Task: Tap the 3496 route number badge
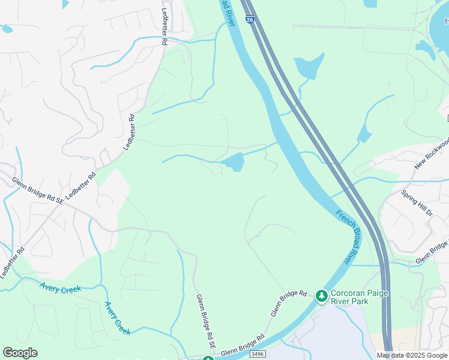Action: (x=257, y=355)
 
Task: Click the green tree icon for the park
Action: (x=321, y=295)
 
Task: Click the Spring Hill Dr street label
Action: (x=417, y=204)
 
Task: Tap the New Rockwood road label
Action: (x=432, y=152)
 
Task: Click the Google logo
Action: (x=20, y=353)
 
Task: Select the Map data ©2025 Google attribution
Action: (x=412, y=355)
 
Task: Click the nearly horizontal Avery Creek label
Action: (x=61, y=289)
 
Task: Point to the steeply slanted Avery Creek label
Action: (x=118, y=318)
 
